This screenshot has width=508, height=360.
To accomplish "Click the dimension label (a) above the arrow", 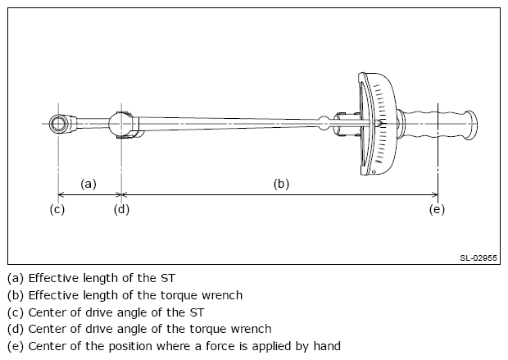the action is pos(88,184).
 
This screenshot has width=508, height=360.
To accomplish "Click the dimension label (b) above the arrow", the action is pos(281,184).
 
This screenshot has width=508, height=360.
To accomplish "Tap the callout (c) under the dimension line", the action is pos(57,209).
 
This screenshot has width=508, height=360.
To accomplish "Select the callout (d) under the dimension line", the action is pos(121,209).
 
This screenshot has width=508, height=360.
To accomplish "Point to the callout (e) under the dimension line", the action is pos(437,209).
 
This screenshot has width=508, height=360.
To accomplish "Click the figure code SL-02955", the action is pos(479,257).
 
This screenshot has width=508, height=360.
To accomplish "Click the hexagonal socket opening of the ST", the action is pos(58,124).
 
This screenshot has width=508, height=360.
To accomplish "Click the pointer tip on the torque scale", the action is pos(381,124).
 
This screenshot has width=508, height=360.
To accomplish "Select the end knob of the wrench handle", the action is pos(472,125).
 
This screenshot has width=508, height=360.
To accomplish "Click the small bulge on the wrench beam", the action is pos(324,124).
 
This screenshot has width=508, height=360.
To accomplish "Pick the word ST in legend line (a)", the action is pos(167,278).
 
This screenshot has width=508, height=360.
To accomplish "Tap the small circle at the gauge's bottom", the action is pos(374,171).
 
